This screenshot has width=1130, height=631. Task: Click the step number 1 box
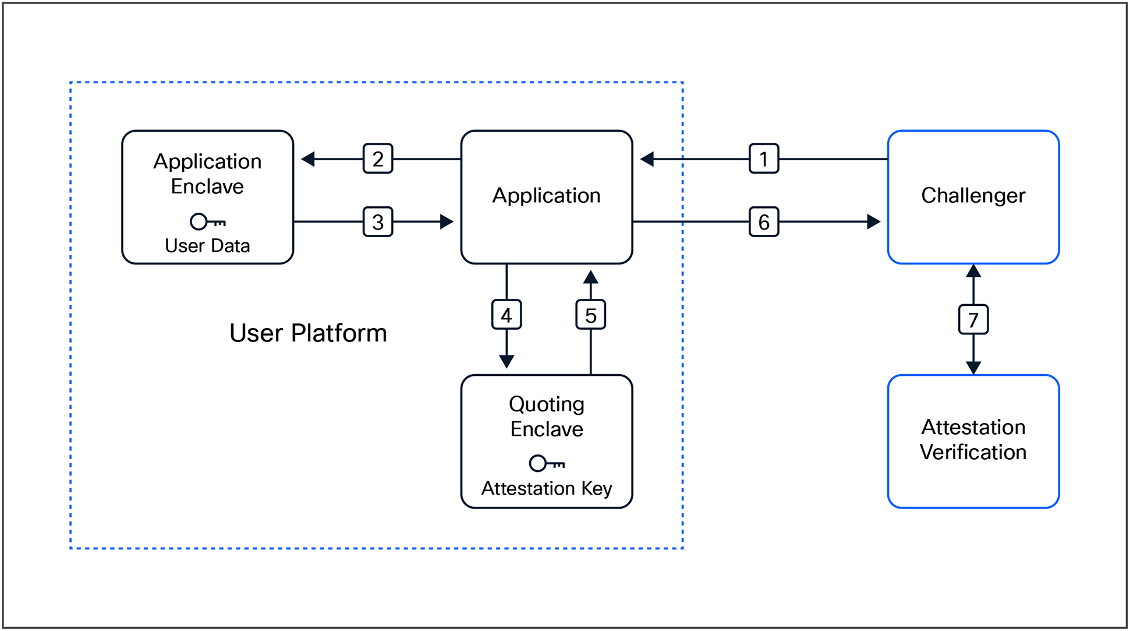tap(763, 158)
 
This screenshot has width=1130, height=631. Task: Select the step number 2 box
tap(378, 158)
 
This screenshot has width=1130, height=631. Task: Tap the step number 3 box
tap(378, 222)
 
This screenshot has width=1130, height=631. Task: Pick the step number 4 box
tap(506, 315)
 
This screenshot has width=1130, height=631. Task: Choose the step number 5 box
tap(590, 315)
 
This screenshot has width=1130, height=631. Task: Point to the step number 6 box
tap(763, 222)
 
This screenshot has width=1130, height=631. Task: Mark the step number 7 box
tap(973, 319)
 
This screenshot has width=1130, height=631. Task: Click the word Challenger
tap(973, 196)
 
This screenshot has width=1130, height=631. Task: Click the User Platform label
tap(308, 333)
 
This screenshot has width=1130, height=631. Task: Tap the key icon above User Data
tap(207, 221)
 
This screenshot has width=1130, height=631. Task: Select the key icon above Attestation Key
tap(546, 463)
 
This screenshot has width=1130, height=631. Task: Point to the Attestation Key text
tap(546, 488)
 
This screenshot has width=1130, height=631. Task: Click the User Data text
tap(207, 246)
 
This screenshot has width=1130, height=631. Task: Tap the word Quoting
tap(546, 404)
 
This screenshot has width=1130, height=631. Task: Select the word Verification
tap(973, 453)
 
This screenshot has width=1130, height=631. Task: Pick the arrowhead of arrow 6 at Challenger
tap(873, 222)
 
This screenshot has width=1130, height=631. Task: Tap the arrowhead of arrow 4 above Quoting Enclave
tap(506, 361)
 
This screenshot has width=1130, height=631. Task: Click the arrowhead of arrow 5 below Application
tap(590, 277)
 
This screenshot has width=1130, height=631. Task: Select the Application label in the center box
tap(546, 196)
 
